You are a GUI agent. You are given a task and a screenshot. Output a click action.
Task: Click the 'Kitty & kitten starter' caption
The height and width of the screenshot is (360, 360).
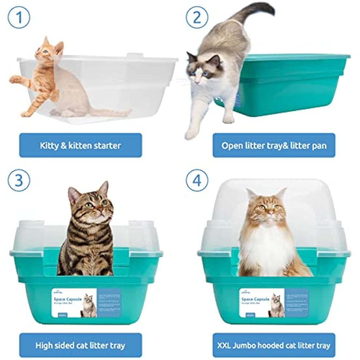(81, 145)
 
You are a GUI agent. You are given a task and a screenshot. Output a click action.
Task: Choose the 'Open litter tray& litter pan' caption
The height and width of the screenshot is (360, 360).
(274, 145)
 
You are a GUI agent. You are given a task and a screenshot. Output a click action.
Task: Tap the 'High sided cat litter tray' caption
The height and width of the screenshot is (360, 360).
(81, 345)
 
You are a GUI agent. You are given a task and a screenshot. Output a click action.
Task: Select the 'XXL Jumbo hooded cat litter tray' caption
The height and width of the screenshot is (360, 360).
(274, 345)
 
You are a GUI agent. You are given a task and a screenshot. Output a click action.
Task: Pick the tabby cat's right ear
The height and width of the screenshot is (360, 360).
(104, 189)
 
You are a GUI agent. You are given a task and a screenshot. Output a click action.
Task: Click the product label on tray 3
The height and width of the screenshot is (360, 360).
(86, 303)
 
